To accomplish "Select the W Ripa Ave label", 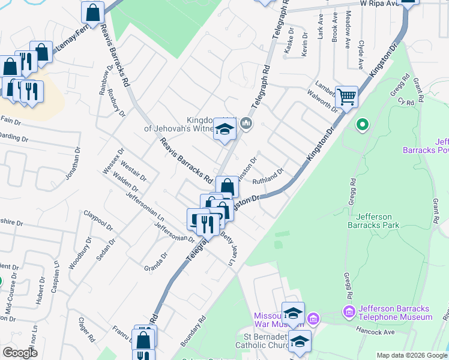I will [379, 3].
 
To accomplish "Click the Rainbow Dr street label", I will [106, 87].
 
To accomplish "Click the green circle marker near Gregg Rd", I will [362, 125].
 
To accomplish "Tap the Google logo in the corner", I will [20, 353].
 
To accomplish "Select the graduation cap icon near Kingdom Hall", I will [224, 130].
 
